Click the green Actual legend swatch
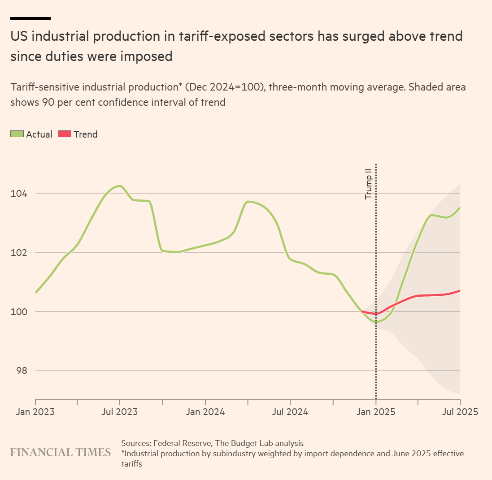(x=17, y=134)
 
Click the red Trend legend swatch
(x=65, y=134)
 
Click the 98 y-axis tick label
(x=21, y=371)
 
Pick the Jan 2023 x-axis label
(x=35, y=412)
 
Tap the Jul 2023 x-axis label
(x=120, y=412)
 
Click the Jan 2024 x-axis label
(x=205, y=412)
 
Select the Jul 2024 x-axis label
(x=290, y=412)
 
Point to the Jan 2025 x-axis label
(x=376, y=412)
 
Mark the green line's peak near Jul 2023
(x=119, y=186)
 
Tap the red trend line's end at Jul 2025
(x=460, y=291)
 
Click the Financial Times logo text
(x=61, y=452)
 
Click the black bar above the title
(x=30, y=18)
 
